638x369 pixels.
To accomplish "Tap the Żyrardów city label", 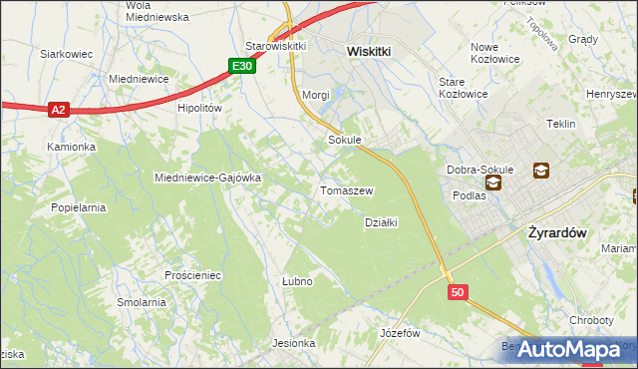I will (553, 231).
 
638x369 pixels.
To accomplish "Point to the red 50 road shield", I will (458, 292).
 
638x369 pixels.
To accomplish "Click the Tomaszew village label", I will (346, 190).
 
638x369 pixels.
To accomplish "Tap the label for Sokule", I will (344, 141).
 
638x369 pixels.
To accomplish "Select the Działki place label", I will (381, 222).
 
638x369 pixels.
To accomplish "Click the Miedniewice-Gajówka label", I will (207, 178).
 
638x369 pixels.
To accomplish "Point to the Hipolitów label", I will (198, 109).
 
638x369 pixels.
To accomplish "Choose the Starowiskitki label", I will (275, 47).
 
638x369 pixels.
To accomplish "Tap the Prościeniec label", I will (193, 273).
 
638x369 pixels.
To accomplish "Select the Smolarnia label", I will (141, 301).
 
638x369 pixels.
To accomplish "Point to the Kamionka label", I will (71, 147).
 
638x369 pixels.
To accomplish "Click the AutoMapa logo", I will (569, 349).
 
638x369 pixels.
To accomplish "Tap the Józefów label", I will (400, 333).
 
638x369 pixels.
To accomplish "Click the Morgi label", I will (315, 95).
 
